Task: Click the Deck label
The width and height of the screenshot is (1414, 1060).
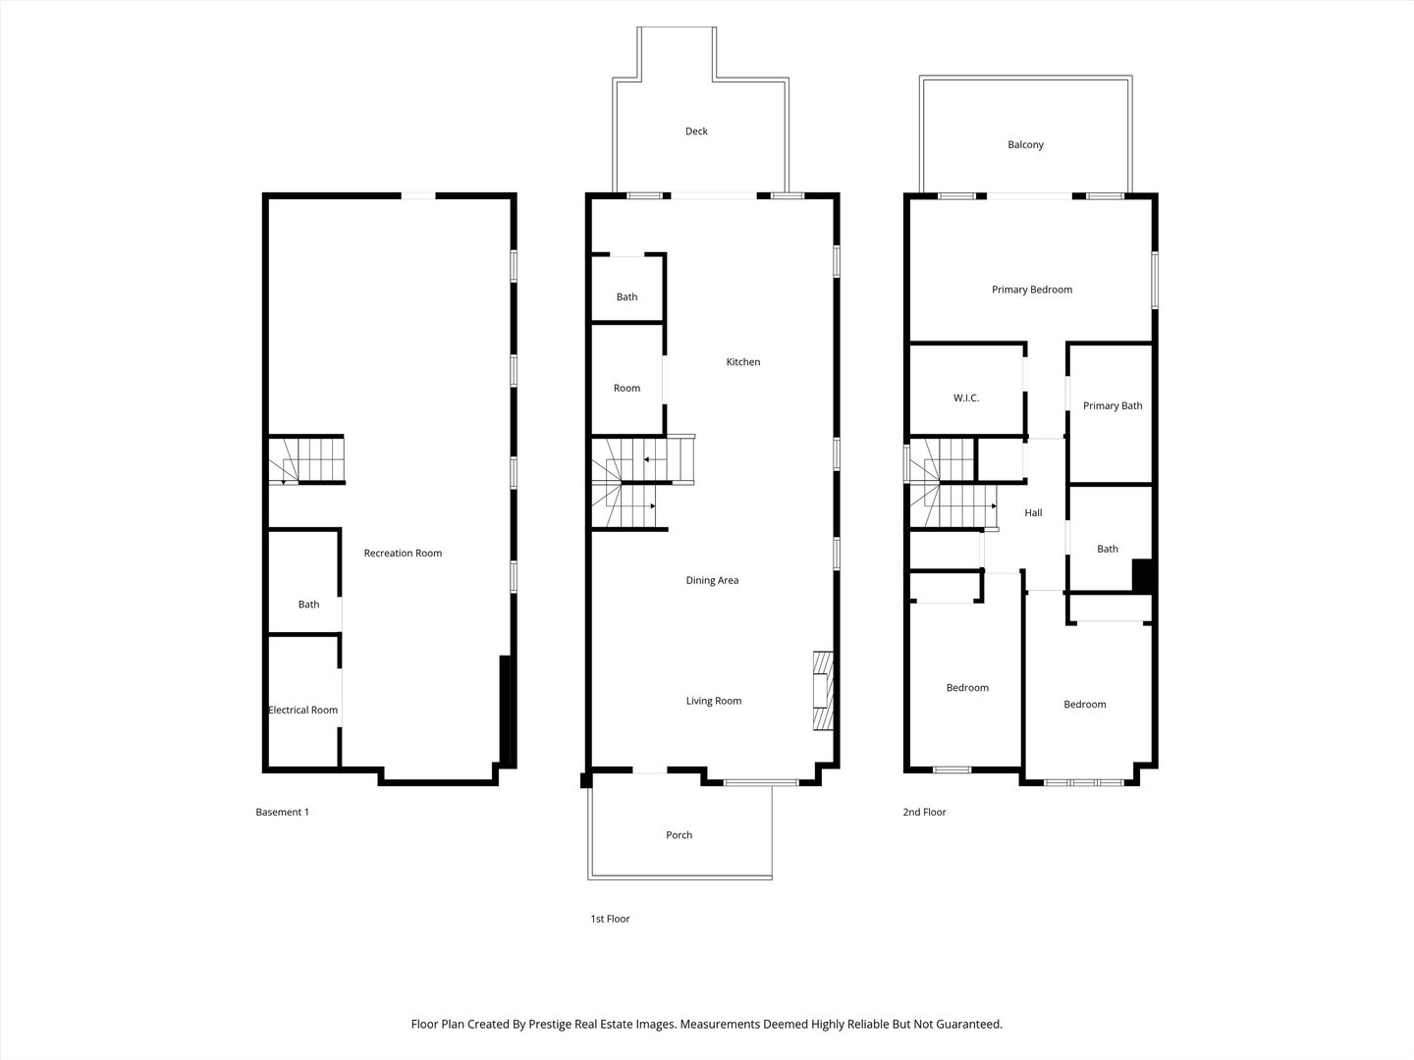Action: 696,132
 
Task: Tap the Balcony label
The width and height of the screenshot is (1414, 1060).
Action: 1025,145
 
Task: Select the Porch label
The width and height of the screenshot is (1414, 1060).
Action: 679,835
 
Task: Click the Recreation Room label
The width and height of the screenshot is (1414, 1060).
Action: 403,554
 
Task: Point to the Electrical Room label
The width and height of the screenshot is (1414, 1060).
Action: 303,711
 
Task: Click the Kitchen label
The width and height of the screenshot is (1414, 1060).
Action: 742,362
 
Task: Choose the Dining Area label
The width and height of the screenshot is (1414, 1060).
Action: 712,581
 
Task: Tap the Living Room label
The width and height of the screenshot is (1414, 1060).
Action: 713,702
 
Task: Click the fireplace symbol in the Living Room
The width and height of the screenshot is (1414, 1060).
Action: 822,691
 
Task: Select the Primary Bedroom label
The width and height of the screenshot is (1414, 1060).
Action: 1031,290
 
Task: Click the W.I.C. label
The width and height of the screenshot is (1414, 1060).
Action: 965,398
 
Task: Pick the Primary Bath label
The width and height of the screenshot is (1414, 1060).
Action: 1112,406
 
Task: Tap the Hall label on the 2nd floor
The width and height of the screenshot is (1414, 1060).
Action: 1033,513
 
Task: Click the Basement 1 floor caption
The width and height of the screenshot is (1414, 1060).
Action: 282,813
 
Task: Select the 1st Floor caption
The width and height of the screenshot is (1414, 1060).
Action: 609,920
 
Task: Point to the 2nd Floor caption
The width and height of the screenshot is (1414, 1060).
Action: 924,813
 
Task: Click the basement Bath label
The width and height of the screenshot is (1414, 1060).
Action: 308,605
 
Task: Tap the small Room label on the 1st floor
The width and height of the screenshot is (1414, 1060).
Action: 626,389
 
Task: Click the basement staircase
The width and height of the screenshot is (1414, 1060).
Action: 308,460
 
